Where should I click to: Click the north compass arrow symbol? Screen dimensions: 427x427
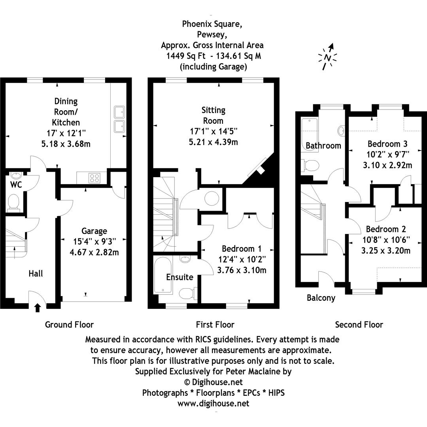(x=328, y=57)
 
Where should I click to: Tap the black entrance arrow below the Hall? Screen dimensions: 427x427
(x=38, y=308)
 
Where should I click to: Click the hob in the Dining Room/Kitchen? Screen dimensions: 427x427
(x=94, y=178)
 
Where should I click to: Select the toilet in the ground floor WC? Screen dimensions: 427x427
(x=14, y=202)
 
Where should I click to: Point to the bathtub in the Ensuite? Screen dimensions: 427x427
(x=162, y=275)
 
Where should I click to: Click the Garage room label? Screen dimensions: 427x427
(x=94, y=231)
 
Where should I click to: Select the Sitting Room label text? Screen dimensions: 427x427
(x=213, y=115)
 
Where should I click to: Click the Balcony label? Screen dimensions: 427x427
(x=321, y=298)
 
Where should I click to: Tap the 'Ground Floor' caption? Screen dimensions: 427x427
(x=69, y=325)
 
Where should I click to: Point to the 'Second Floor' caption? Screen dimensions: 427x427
(x=359, y=325)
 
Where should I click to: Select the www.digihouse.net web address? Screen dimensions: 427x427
(x=213, y=403)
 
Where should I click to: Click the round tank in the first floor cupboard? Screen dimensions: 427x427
(x=212, y=198)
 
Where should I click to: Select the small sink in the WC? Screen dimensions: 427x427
(x=17, y=175)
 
